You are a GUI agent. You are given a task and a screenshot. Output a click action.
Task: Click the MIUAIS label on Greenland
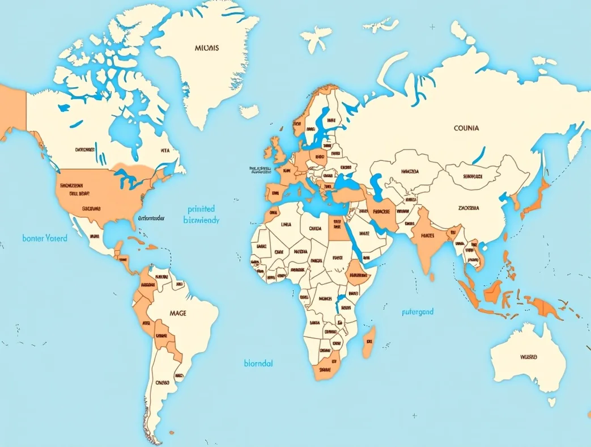click(206, 48)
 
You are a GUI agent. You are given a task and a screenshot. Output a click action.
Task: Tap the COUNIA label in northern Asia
click(466, 128)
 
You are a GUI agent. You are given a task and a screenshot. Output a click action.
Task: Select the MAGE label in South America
click(177, 313)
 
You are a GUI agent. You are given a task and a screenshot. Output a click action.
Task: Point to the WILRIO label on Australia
click(528, 357)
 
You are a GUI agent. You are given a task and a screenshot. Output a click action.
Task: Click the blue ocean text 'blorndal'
click(258, 363)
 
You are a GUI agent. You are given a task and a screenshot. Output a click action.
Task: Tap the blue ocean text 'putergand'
click(417, 311)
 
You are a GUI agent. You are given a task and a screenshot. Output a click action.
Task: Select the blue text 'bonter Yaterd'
click(45, 238)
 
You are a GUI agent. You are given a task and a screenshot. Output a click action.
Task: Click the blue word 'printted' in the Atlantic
click(201, 209)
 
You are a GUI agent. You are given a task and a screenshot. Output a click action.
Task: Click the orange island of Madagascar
click(368, 341)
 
